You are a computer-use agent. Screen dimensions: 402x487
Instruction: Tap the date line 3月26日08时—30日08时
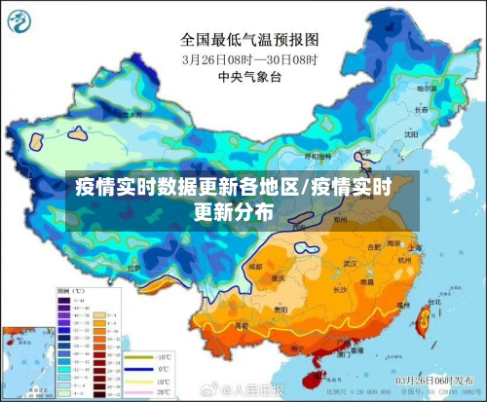pyautogui.click(x=249, y=58)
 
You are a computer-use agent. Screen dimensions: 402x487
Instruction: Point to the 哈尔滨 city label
pyautogui.click(x=426, y=89)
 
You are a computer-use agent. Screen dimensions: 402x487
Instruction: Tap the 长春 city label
pyautogui.click(x=421, y=111)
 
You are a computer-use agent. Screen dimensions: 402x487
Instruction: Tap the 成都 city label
pyautogui.click(x=255, y=266)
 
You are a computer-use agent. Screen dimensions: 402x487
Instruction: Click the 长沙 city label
pyautogui.click(x=341, y=289)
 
